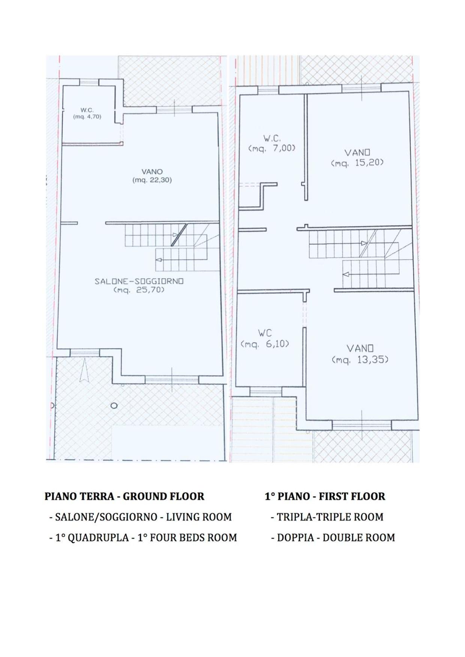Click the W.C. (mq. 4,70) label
[87, 113]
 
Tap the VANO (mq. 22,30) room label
[152, 176]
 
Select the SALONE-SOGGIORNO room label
[139, 281]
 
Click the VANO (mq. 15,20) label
[357, 158]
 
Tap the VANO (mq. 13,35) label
[360, 354]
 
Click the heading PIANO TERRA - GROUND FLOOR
[124, 496]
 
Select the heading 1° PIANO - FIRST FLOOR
[325, 496]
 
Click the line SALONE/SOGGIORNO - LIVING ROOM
[140, 517]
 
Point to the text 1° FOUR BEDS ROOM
[187, 537]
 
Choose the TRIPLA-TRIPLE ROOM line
[327, 517]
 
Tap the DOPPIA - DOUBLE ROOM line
[333, 537]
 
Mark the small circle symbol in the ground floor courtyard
[114, 406]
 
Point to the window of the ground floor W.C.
[89, 82]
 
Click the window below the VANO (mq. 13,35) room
[362, 425]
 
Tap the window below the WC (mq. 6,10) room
[265, 391]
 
